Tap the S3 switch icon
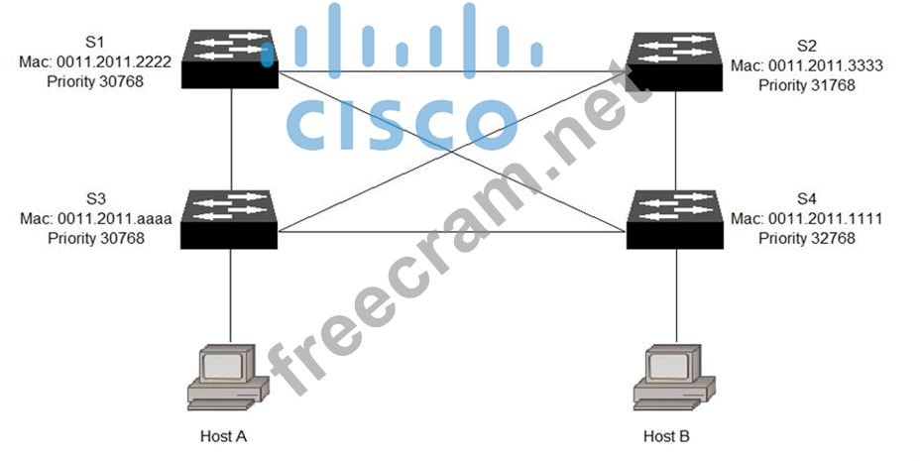click(x=230, y=212)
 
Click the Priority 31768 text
click(x=806, y=84)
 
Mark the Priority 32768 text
click(x=806, y=238)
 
